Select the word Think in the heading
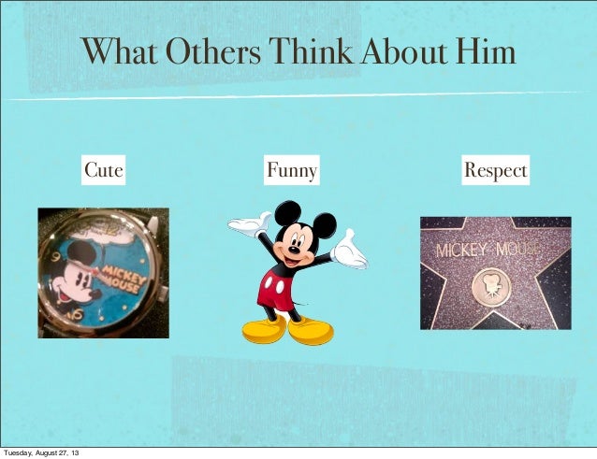pyautogui.click(x=310, y=51)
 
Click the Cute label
pyautogui.click(x=104, y=171)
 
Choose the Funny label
pyautogui.click(x=291, y=171)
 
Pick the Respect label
pyautogui.click(x=495, y=171)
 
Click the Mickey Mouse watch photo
pyautogui.click(x=103, y=272)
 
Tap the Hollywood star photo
pyautogui.click(x=494, y=272)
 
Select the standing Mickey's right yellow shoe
pyautogui.click(x=311, y=329)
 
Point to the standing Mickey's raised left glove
pyautogui.click(x=248, y=225)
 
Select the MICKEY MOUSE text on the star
pyautogui.click(x=488, y=251)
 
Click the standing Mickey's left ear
pyautogui.click(x=287, y=213)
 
